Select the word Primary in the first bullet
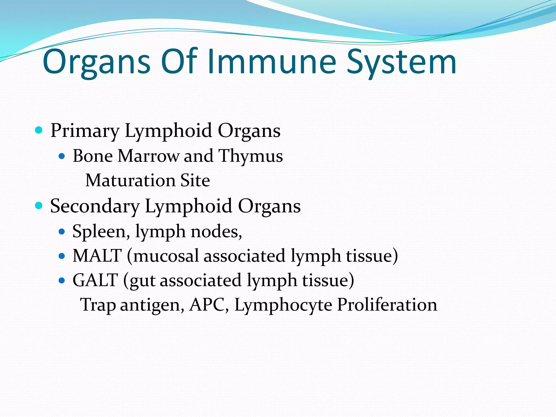(85, 131)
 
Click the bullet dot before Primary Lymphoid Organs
(39, 130)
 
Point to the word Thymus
(251, 156)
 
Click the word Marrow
(148, 156)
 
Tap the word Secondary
(95, 206)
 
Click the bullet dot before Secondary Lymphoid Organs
(39, 206)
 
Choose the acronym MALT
(97, 256)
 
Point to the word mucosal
(166, 256)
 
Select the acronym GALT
(95, 280)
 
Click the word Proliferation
(387, 305)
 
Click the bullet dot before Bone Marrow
(62, 156)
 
